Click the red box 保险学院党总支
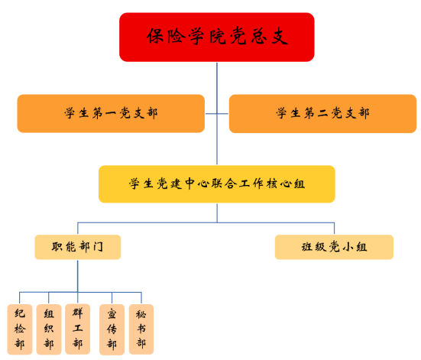(x=217, y=37)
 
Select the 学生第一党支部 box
(x=111, y=113)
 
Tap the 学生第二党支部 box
(x=322, y=113)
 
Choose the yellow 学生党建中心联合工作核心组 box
(x=217, y=184)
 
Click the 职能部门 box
(x=78, y=247)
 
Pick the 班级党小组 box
(x=334, y=247)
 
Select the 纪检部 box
(x=20, y=329)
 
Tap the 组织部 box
(x=49, y=329)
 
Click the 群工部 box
(x=78, y=329)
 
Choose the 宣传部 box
(x=112, y=329)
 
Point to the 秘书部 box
(x=141, y=329)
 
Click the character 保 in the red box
(x=155, y=36)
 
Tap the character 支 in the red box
(x=280, y=36)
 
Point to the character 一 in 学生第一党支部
(x=111, y=114)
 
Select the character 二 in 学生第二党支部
(x=322, y=113)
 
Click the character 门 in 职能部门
(x=99, y=247)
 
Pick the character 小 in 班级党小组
(x=348, y=247)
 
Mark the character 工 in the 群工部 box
(x=78, y=328)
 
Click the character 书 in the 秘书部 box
(x=141, y=329)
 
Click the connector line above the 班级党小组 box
(x=334, y=229)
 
